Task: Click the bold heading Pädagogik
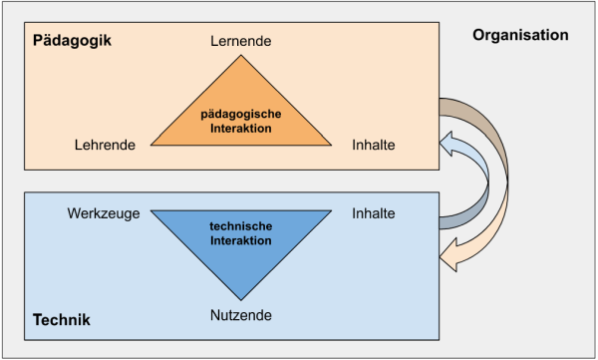pos(72,41)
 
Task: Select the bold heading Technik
pos(62,319)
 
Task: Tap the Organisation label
pos(520,35)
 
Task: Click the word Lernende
pos(241,41)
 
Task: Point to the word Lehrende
pos(105,145)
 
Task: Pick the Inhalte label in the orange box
pos(374,145)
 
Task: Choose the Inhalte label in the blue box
pos(374,213)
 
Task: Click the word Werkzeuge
pos(104,213)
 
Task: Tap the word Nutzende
pos(241,315)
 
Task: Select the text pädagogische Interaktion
pos(241,121)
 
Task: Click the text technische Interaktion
pos(241,233)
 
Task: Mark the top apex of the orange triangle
pos(241,56)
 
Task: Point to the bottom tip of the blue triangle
pos(241,300)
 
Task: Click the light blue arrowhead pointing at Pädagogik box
pos(447,144)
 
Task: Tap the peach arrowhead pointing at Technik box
pos(448,255)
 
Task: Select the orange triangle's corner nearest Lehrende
pos(151,145)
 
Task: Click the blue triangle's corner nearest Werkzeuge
pos(151,210)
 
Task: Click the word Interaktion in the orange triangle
pos(241,129)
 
